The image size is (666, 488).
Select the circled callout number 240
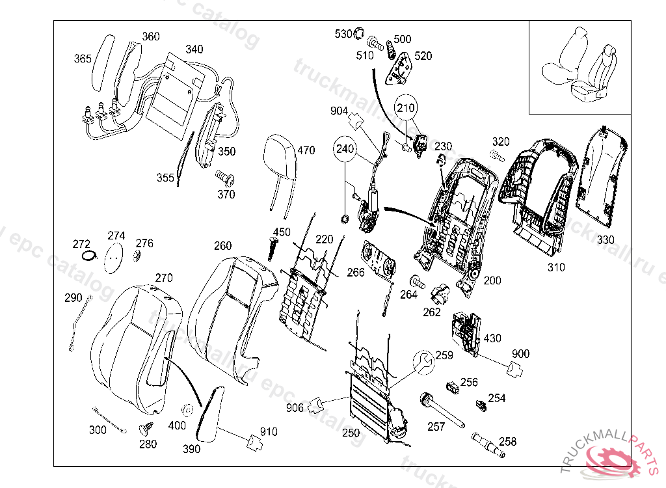click(345, 149)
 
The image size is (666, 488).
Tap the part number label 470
click(306, 150)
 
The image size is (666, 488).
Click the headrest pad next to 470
click(278, 156)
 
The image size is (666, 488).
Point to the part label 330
click(605, 239)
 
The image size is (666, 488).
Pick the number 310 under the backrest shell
click(556, 267)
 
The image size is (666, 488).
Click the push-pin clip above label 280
click(146, 428)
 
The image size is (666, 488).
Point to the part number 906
click(295, 408)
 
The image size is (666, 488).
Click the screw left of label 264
click(416, 282)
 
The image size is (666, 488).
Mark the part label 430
click(492, 338)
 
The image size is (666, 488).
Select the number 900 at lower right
click(520, 354)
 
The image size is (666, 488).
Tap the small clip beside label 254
click(482, 407)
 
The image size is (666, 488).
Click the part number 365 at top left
click(83, 59)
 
